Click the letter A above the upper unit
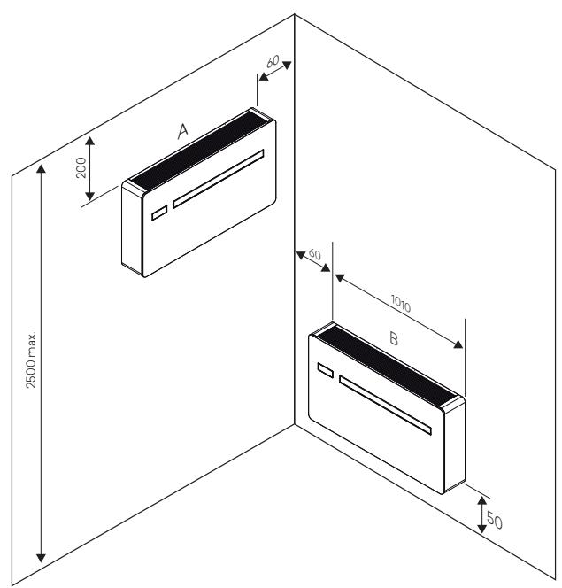182,131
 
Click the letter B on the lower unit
395,338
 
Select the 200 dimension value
81,166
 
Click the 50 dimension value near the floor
494,521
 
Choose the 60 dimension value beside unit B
314,254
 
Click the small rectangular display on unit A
158,213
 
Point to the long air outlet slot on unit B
386,406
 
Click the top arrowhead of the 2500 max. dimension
40,170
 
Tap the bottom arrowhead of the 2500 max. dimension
40,557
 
